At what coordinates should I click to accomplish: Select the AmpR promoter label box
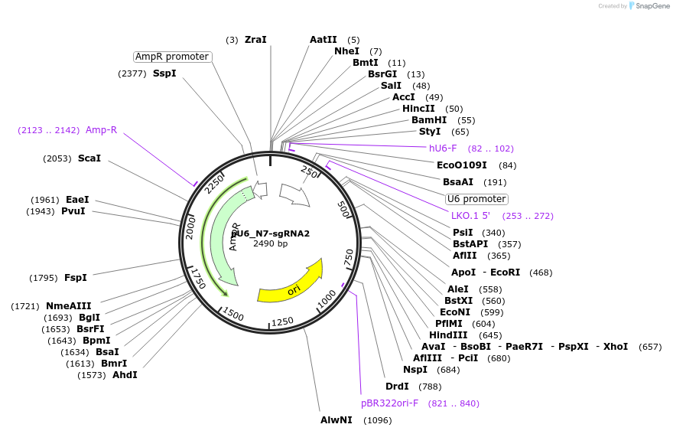pos(171,57)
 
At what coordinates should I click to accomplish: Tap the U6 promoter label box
pos(476,199)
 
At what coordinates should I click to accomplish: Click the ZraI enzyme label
pos(255,40)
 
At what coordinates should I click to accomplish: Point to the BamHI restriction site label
pos(429,120)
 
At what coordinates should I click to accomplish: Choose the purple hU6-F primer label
pos(443,148)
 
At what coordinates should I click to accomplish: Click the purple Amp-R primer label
pos(101,130)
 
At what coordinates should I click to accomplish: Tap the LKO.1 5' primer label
pos(470,216)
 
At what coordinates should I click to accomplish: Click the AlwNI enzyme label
pos(336,420)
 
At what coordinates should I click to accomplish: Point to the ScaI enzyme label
pos(89,158)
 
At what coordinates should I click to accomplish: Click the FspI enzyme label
pos(76,277)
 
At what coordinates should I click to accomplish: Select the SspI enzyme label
pos(164,73)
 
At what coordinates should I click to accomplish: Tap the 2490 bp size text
pos(271,243)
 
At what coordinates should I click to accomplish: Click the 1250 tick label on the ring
pos(283,321)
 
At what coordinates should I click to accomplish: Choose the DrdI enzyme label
pos(397,387)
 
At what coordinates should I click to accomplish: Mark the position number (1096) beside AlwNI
pos(377,420)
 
